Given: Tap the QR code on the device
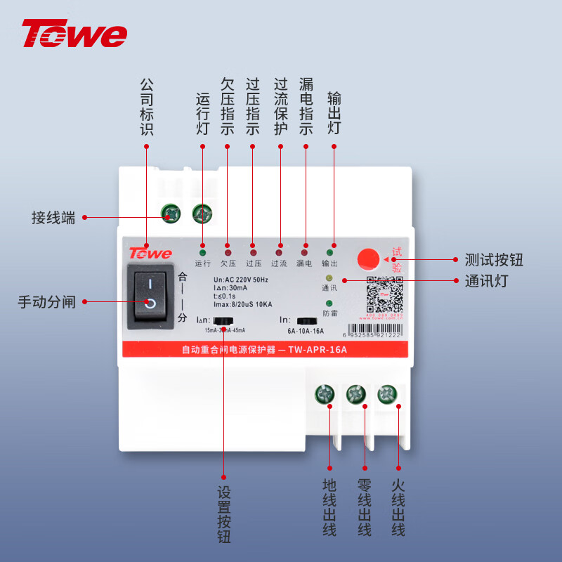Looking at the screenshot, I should point(385,295).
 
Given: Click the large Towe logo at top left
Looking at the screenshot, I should point(74,34).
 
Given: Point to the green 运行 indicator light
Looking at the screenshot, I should point(202,251).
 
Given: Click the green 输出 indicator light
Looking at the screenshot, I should point(329,251).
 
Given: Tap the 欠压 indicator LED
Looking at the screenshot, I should point(228,251).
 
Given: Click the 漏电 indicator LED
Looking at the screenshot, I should point(304,251).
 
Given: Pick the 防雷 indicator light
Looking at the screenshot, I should point(329,303).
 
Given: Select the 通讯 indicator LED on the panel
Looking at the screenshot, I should point(329,278).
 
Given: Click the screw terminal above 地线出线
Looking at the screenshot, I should point(324,395).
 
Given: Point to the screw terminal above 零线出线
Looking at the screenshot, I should point(356,395).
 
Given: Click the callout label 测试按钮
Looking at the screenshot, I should point(494,260).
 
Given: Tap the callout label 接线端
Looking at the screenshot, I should point(53,217).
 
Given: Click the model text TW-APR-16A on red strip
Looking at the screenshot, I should point(318,349).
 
